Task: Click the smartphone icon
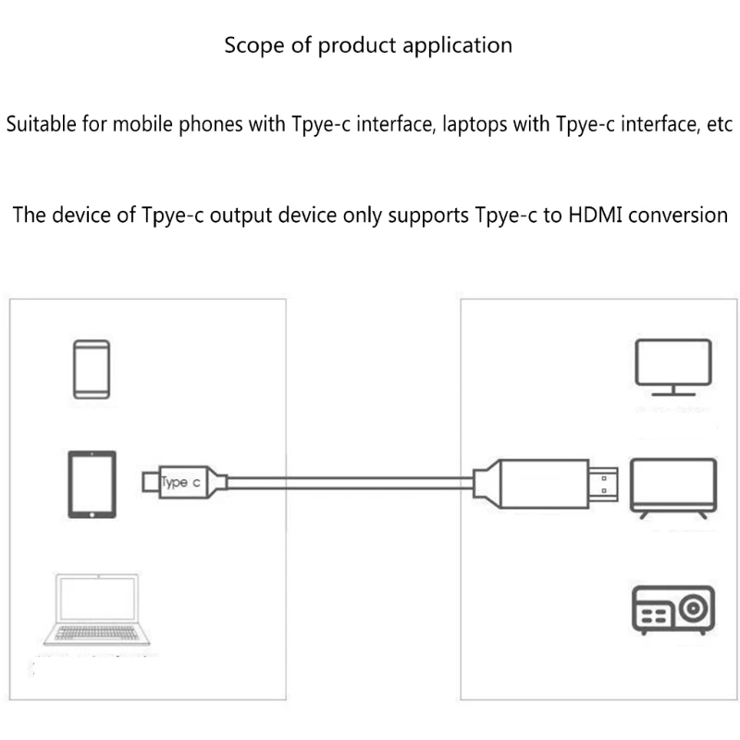(x=91, y=369)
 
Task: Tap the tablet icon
(x=92, y=484)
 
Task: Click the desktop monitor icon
(x=672, y=366)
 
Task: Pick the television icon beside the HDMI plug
(x=672, y=486)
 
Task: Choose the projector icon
(x=672, y=610)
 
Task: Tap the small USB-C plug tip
(x=151, y=482)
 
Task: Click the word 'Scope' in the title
(x=253, y=44)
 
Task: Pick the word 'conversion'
(x=673, y=216)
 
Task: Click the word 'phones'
(x=205, y=124)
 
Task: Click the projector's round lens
(x=692, y=610)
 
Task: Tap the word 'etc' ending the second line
(x=718, y=124)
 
